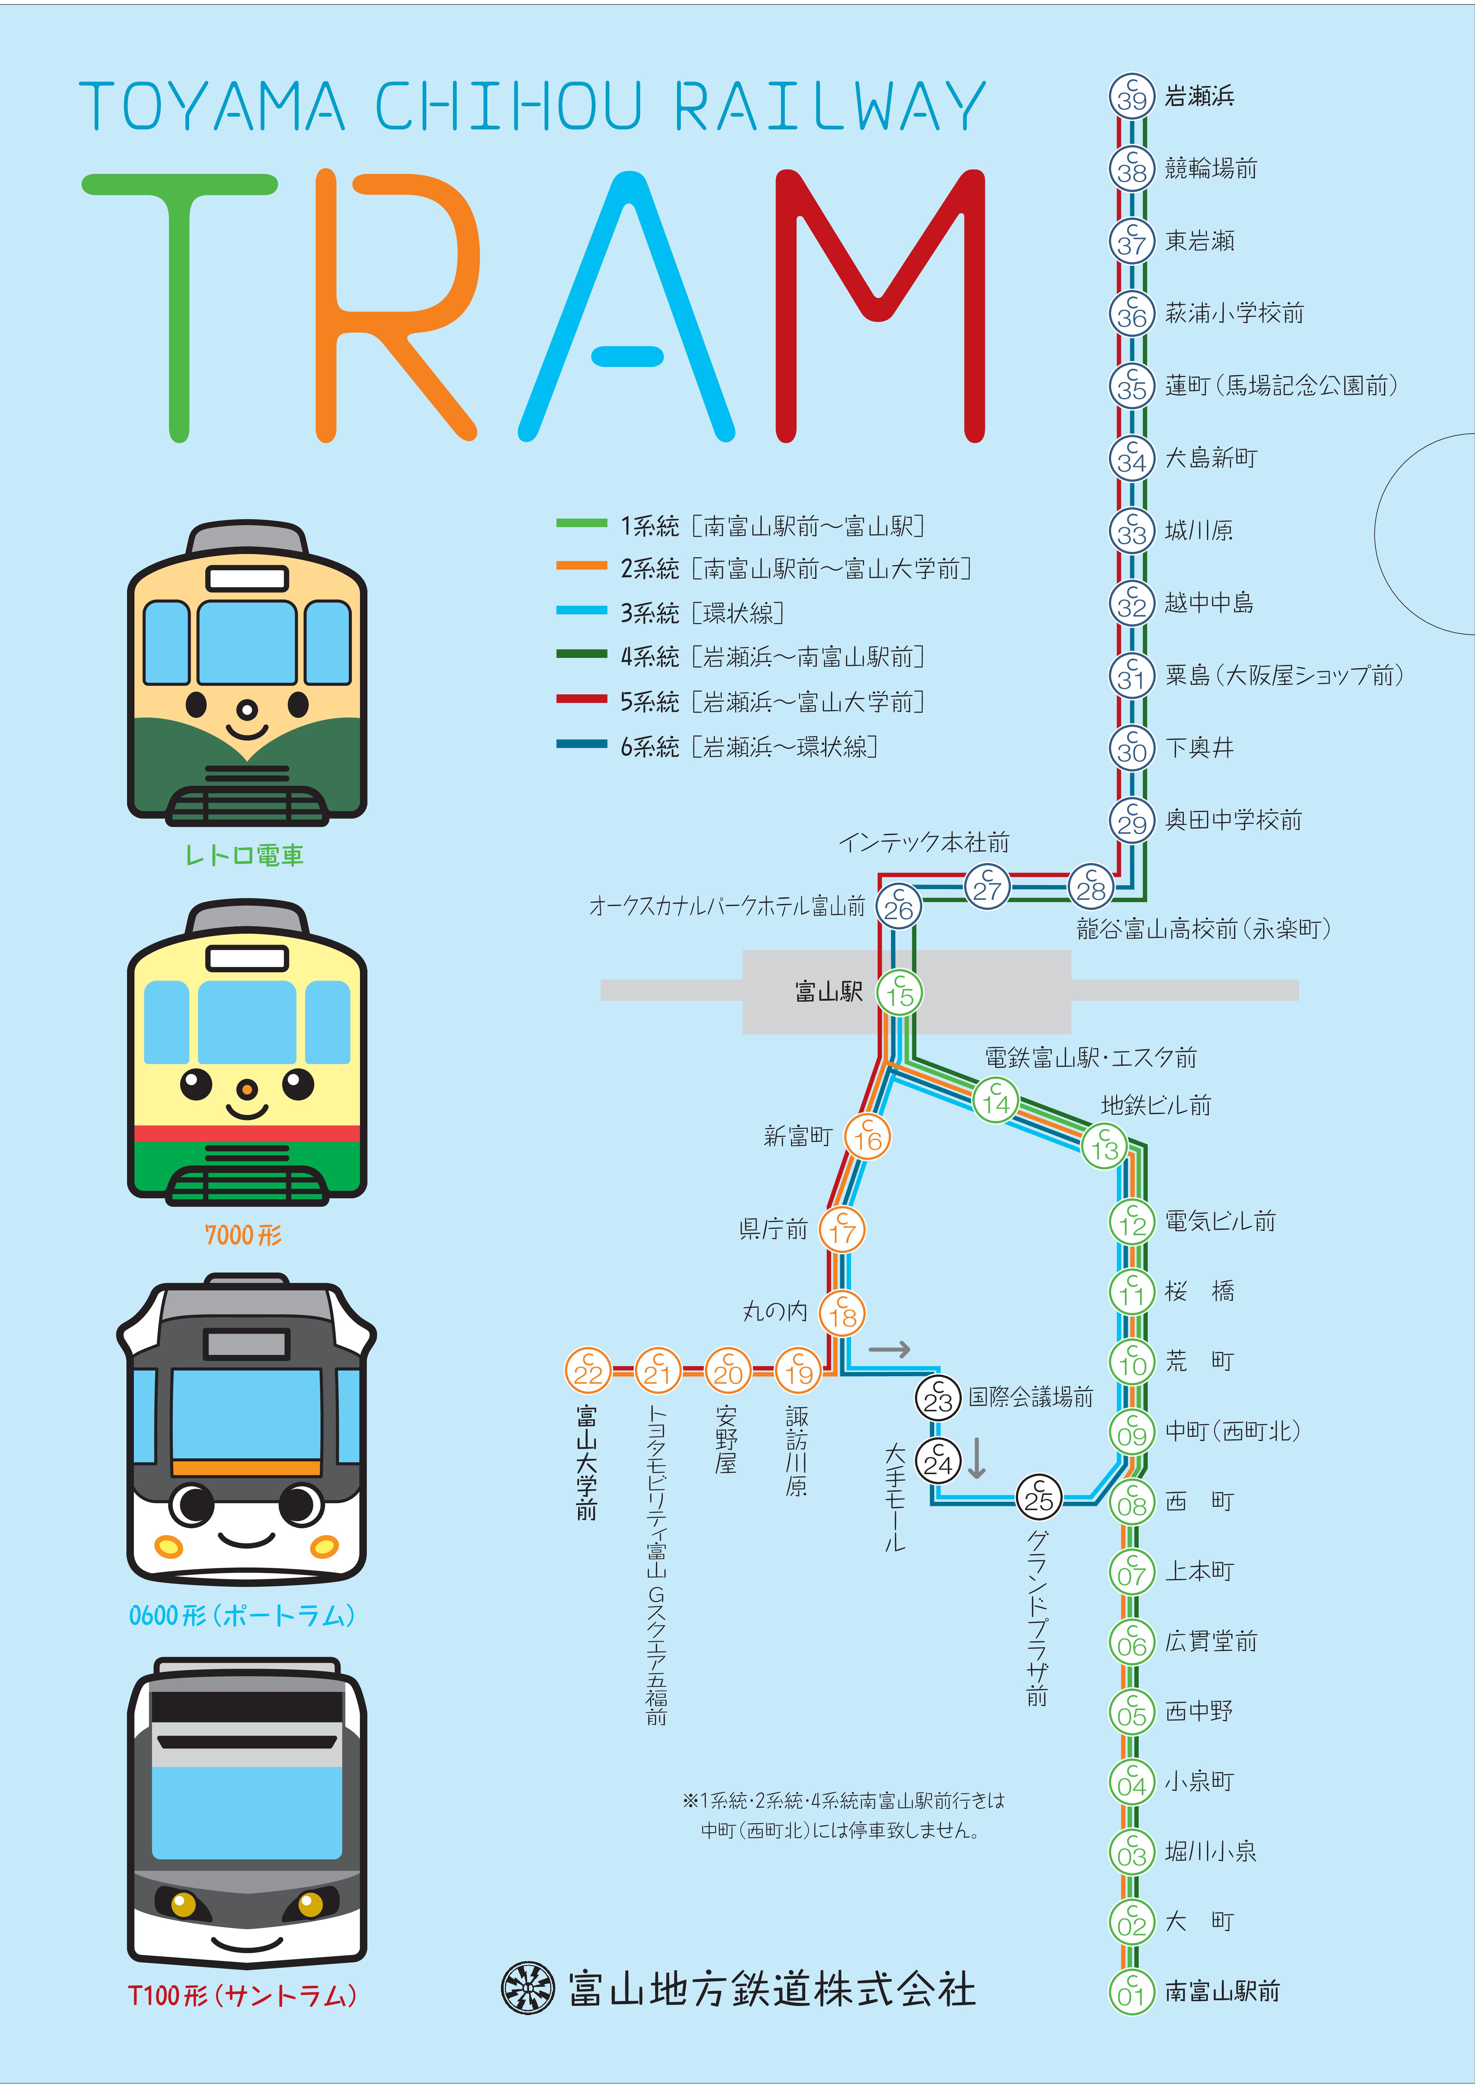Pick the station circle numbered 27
click(987, 887)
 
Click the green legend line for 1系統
click(581, 523)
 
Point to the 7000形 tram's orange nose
click(246, 1089)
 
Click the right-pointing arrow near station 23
click(889, 1349)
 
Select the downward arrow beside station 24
click(977, 1458)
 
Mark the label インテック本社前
click(924, 842)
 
